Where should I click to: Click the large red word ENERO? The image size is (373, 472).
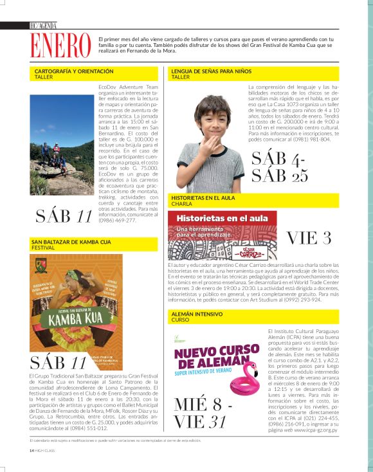[62, 45]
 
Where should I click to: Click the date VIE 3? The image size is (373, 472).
[309, 237]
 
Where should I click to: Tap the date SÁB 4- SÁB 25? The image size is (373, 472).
[280, 167]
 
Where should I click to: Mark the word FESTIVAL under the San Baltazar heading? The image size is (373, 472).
[43, 248]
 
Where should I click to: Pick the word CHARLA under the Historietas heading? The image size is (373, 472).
[181, 204]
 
